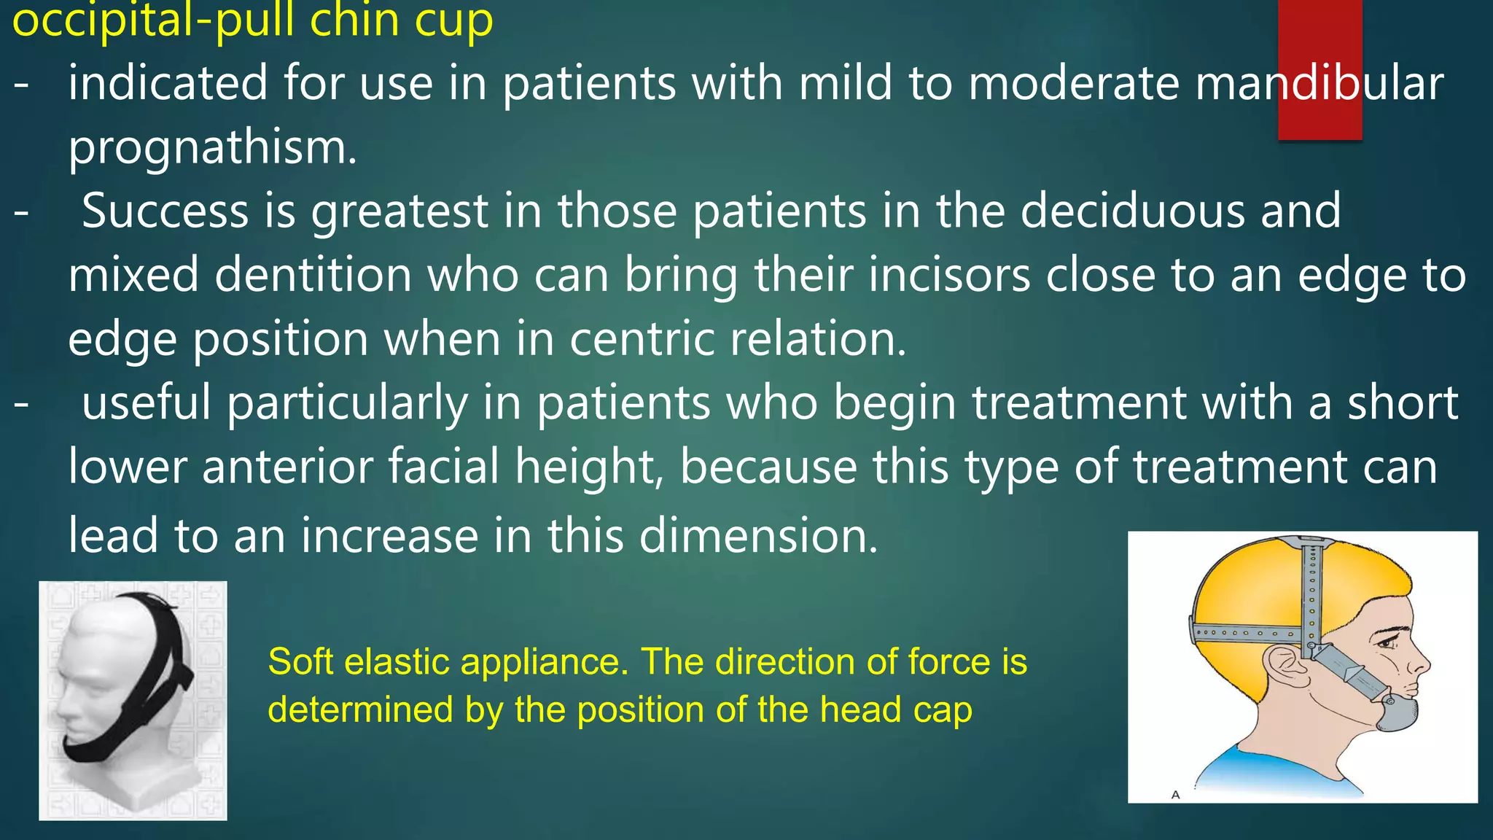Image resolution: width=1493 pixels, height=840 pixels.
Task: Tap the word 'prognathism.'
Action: (x=212, y=147)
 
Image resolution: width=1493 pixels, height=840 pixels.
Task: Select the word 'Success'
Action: (x=165, y=211)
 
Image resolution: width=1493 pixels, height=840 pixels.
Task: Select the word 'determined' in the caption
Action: (x=360, y=709)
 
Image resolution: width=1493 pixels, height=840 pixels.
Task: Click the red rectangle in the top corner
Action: (x=1319, y=69)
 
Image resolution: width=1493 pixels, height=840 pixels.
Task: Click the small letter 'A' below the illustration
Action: (x=1174, y=795)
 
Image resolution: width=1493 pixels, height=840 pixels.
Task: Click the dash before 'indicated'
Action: (x=22, y=83)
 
